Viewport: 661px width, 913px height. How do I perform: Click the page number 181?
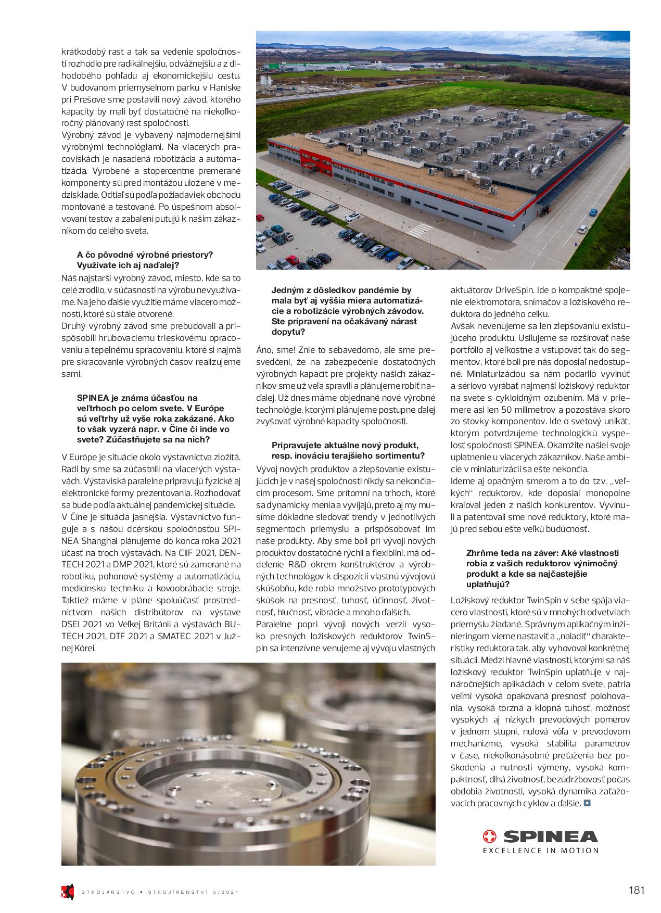(636, 890)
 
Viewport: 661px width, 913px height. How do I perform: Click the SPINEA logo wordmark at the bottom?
(550, 837)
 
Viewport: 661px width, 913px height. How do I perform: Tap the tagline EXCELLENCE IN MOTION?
(541, 851)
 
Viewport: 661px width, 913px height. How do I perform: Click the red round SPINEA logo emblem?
(490, 837)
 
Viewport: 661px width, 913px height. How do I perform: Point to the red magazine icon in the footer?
(66, 892)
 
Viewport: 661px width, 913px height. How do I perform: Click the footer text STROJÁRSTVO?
(108, 892)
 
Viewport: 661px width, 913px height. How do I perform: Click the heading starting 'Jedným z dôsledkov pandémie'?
(341, 290)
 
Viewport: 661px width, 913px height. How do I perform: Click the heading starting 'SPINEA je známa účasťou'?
(137, 398)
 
